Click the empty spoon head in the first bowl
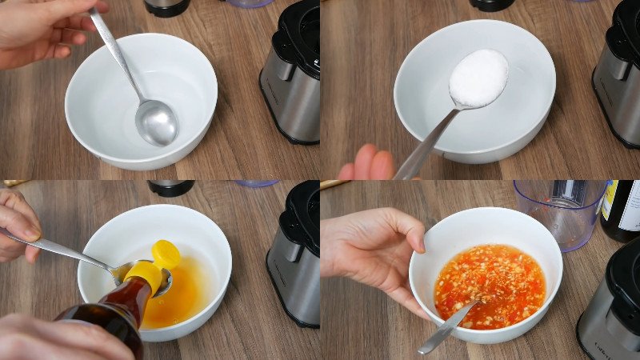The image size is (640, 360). tap(157, 122)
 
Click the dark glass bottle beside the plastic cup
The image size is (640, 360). tap(622, 210)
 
